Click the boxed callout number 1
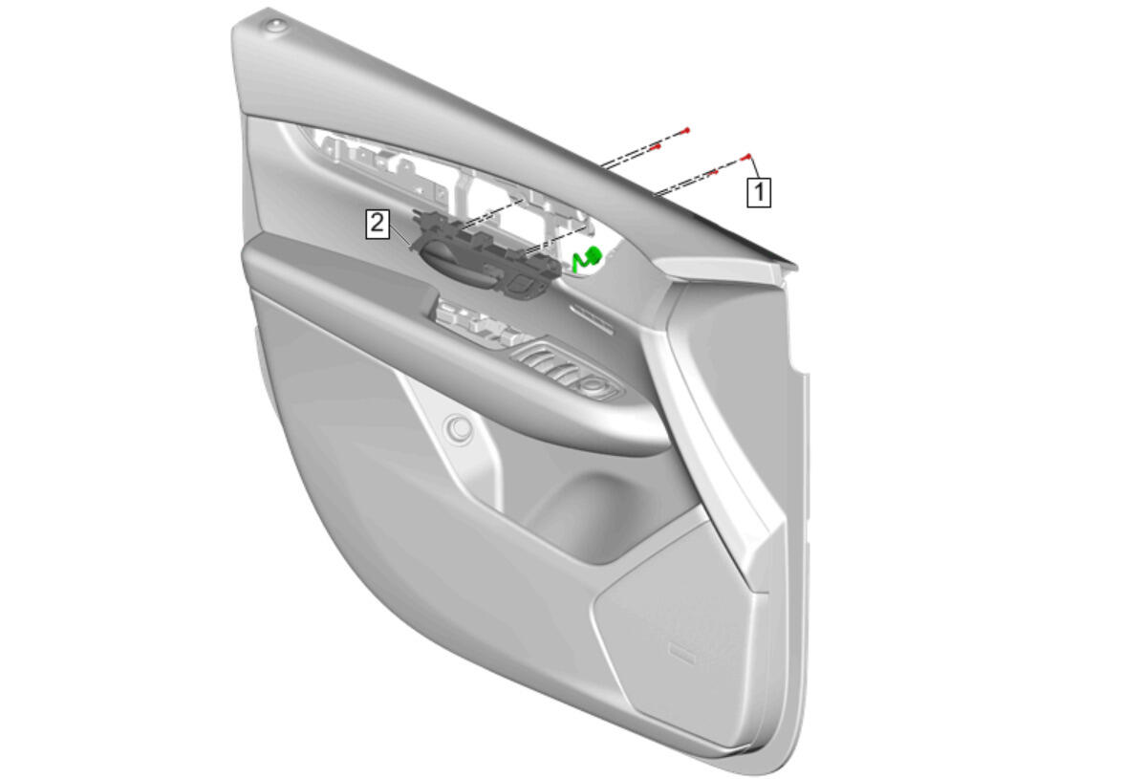[759, 192]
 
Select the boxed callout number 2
[377, 224]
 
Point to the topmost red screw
[685, 131]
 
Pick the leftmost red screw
[656, 146]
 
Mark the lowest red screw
[714, 173]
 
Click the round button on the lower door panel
[460, 428]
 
